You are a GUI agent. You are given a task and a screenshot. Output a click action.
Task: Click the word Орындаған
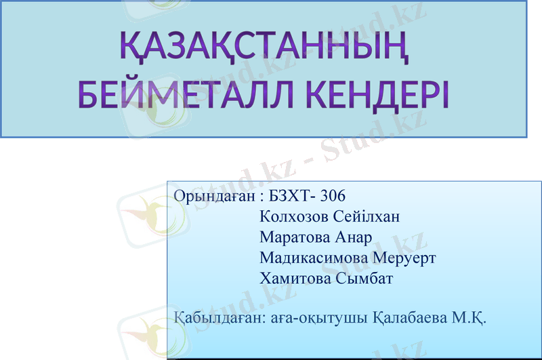click(x=212, y=197)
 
